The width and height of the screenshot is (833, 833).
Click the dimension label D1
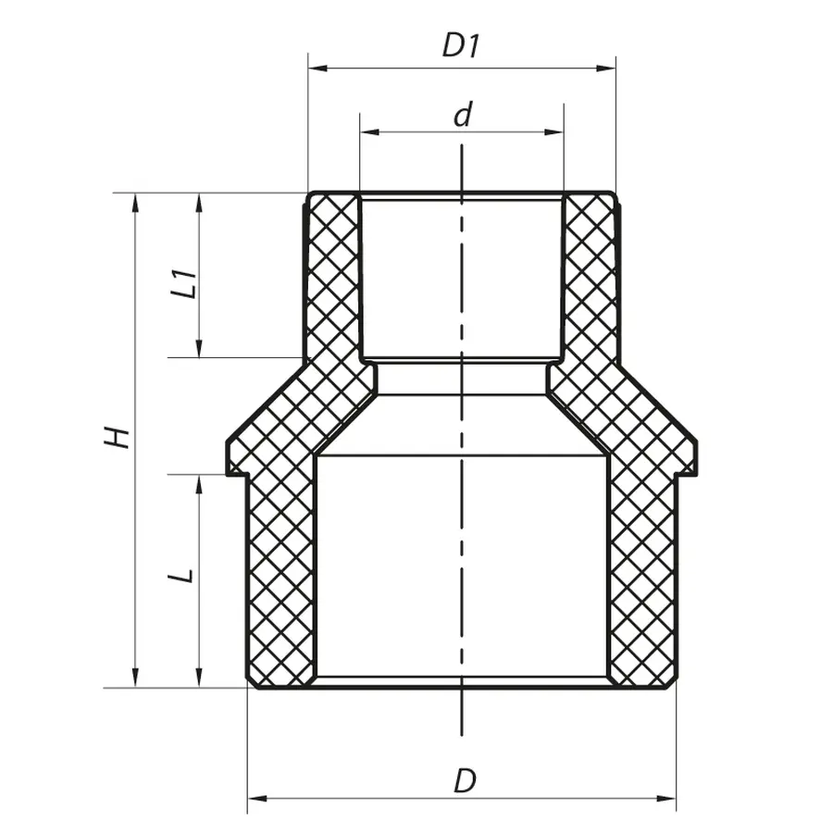click(x=460, y=46)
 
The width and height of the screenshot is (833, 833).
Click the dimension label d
click(x=463, y=115)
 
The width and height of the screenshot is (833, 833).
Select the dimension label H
click(x=116, y=438)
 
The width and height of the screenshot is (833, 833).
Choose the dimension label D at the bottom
click(x=464, y=780)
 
